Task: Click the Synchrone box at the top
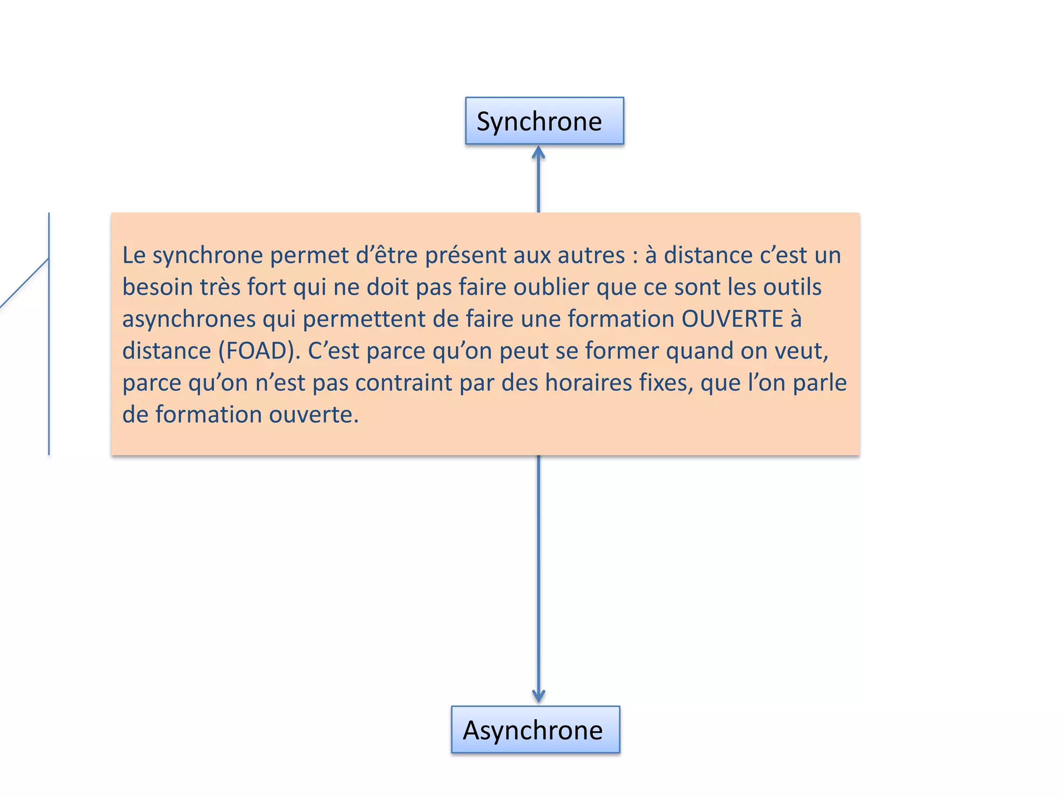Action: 544,121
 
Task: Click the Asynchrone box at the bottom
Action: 535,730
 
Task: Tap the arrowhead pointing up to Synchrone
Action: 538,153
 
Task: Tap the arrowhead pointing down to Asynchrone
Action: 538,696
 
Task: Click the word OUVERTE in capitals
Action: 732,319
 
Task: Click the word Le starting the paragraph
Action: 133,255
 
